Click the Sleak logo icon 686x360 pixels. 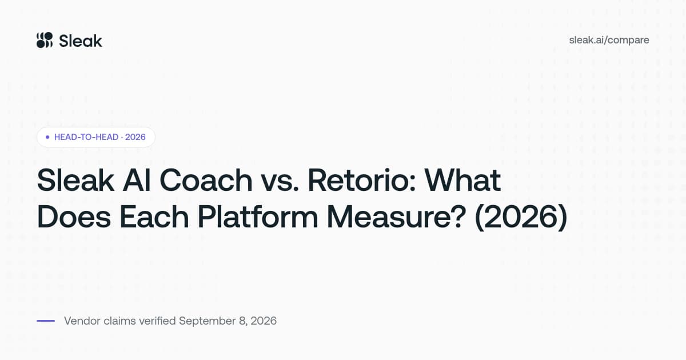click(x=45, y=40)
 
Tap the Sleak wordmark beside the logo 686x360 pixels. click(x=81, y=41)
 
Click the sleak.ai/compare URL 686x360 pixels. click(x=609, y=40)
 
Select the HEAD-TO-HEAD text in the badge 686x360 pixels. click(x=86, y=137)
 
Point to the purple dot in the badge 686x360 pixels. click(x=47, y=137)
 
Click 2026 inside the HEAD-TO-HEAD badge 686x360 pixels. click(x=135, y=137)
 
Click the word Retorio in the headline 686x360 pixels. click(x=362, y=181)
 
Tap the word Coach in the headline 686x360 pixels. click(x=206, y=181)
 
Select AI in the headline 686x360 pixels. click(x=137, y=181)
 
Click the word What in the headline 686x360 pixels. click(x=462, y=181)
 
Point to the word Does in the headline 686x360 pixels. click(x=74, y=217)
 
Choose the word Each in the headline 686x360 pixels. click(x=154, y=217)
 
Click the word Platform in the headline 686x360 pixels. click(x=258, y=217)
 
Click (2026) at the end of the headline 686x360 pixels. click(x=521, y=217)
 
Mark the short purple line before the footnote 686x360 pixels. click(x=46, y=321)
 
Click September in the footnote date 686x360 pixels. click(x=208, y=321)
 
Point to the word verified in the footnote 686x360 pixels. click(x=157, y=321)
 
